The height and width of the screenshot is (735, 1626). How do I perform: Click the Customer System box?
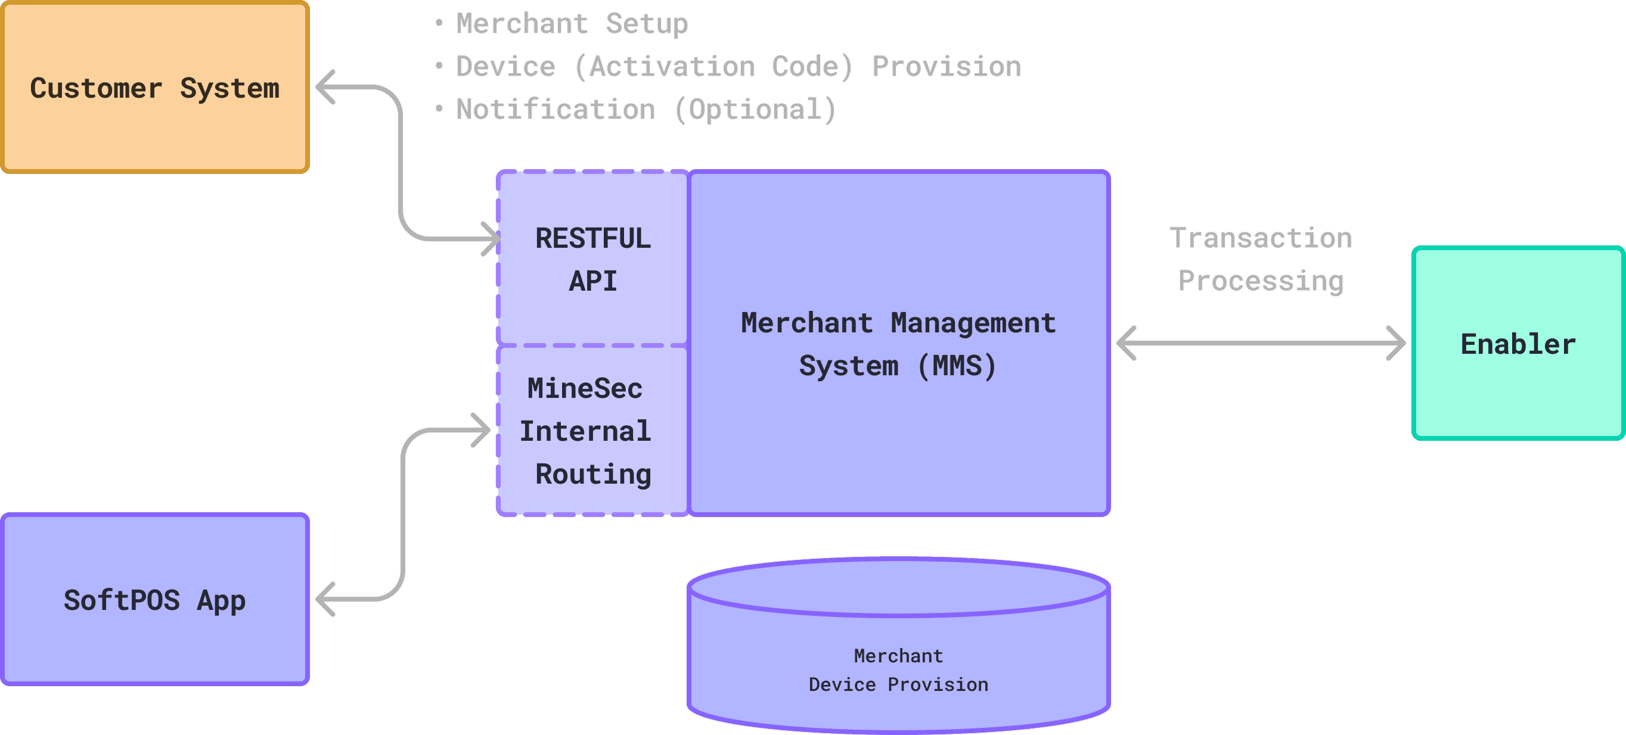click(x=154, y=87)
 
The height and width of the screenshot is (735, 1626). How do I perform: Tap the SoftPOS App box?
click(x=154, y=599)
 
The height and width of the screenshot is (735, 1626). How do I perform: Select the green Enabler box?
click(x=1518, y=344)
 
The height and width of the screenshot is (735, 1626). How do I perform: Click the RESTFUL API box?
click(x=592, y=259)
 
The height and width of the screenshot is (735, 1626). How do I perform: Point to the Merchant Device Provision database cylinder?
click(x=898, y=656)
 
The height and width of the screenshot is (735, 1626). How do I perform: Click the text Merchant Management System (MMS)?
click(x=898, y=344)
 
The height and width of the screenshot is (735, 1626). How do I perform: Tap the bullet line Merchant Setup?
click(x=571, y=24)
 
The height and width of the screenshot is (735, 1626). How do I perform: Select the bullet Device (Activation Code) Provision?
click(x=738, y=67)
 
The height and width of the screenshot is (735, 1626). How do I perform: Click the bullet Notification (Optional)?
click(x=645, y=110)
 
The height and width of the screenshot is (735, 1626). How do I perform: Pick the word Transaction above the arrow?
click(x=1261, y=238)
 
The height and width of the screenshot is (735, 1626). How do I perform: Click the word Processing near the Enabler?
click(x=1261, y=281)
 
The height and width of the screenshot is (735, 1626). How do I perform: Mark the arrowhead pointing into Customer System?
click(x=324, y=87)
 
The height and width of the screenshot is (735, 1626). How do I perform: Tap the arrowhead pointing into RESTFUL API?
click(x=491, y=239)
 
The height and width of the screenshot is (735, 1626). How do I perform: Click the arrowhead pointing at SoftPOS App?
click(x=324, y=599)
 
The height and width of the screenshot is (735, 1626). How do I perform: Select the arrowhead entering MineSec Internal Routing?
click(x=482, y=430)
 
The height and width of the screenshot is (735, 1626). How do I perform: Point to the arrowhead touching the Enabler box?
click(x=1397, y=343)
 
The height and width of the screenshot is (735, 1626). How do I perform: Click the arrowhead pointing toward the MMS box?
click(x=1126, y=343)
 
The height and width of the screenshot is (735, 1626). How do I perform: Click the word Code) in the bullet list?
click(x=812, y=67)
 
